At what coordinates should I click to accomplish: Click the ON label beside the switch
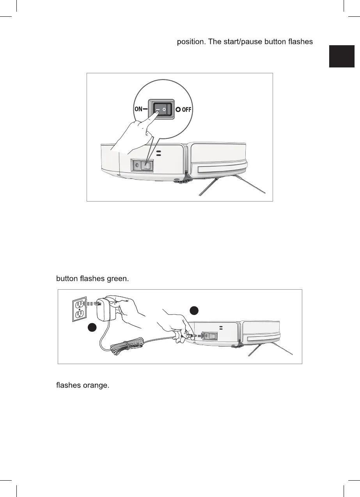pyautogui.click(x=138, y=110)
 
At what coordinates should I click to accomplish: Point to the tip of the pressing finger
pyautogui.click(x=156, y=112)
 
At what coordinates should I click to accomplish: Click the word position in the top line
pyautogui.click(x=191, y=42)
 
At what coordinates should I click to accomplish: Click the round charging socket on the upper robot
pyautogui.click(x=137, y=165)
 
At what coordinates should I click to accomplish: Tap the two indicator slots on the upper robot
pyautogui.click(x=158, y=153)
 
